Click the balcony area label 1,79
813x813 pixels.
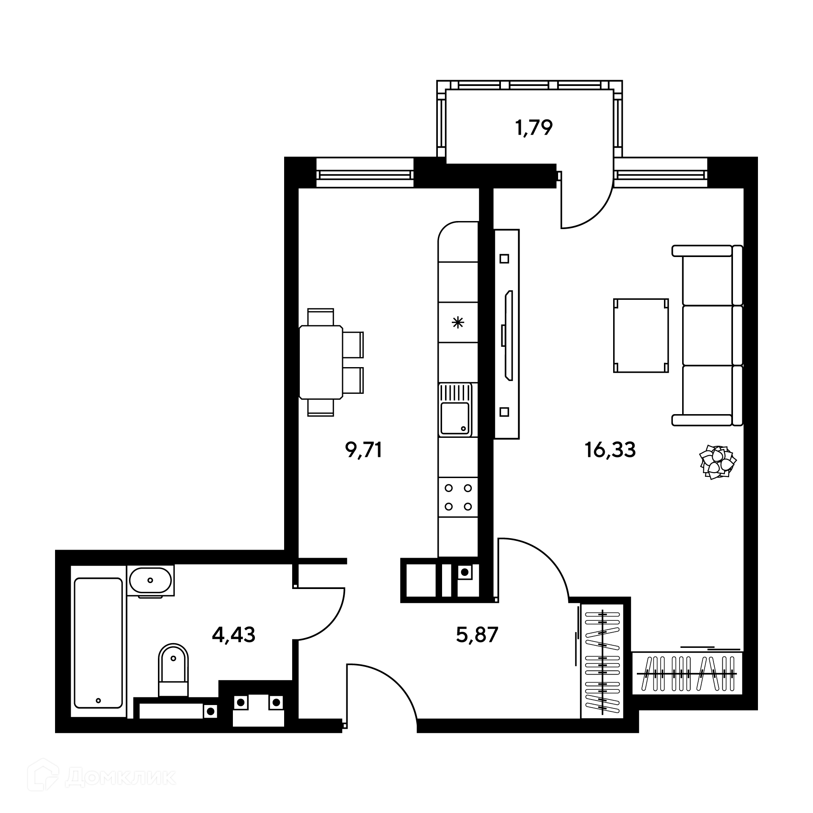(x=534, y=127)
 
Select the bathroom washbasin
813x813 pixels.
(x=151, y=581)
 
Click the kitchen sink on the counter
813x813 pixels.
(x=455, y=409)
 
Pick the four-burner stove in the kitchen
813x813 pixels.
(x=458, y=497)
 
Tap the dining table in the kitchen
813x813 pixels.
(x=321, y=362)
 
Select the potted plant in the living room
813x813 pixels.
(x=718, y=462)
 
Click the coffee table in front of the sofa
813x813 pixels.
(x=641, y=335)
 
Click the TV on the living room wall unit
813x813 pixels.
(x=508, y=335)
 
